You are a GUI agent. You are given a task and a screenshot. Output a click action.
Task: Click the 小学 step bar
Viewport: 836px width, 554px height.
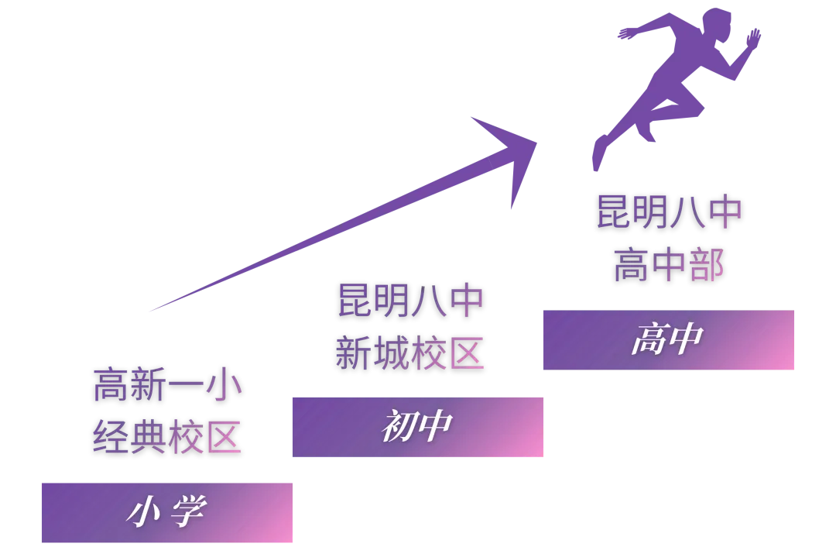(x=166, y=511)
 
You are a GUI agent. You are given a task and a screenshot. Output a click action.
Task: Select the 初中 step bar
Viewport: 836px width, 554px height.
(x=418, y=428)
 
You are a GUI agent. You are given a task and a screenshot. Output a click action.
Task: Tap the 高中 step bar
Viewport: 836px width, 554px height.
(x=668, y=341)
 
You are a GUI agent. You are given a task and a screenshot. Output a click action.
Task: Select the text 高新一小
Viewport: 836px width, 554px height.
(x=167, y=386)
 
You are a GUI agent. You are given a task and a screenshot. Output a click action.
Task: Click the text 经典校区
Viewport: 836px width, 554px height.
(x=167, y=436)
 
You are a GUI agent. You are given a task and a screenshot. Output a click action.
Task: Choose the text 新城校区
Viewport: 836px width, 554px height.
(x=409, y=353)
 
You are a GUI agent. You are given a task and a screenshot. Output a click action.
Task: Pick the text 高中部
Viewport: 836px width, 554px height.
(x=668, y=265)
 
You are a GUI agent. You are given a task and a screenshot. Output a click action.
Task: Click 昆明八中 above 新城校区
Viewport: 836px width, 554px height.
(x=409, y=301)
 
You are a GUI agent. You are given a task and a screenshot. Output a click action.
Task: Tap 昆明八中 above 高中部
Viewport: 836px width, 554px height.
(x=668, y=213)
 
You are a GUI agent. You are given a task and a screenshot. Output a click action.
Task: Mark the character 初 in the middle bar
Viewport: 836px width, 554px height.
(x=399, y=428)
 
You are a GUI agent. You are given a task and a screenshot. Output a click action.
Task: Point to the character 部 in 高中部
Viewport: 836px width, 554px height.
(x=705, y=265)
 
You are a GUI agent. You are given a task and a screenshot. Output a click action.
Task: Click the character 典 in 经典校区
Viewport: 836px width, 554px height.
(x=149, y=436)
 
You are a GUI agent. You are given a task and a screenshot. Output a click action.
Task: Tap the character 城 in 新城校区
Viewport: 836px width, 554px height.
(x=391, y=353)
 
